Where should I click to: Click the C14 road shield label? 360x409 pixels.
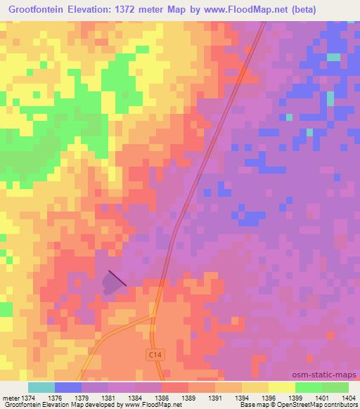(x=154, y=356)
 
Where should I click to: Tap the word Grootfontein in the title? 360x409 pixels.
(x=37, y=10)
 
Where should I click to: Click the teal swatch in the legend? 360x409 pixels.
(x=41, y=387)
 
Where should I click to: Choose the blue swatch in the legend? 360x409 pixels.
(x=67, y=387)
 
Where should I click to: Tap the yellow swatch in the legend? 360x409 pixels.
(x=281, y=387)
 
